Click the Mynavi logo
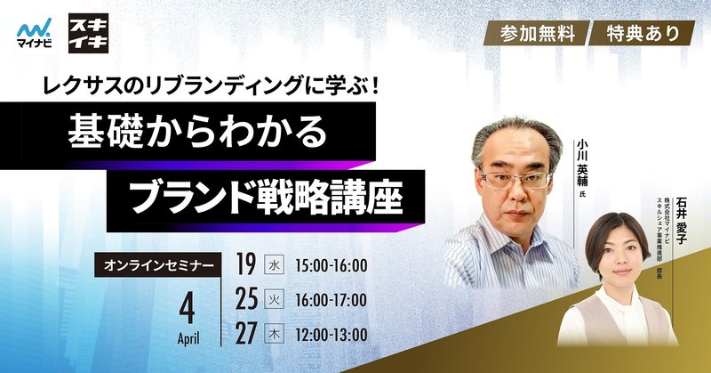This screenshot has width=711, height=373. (x=34, y=33)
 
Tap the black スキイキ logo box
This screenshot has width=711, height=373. (x=88, y=33)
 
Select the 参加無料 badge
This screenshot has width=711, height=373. (x=538, y=33)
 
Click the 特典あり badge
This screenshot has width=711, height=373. (x=643, y=33)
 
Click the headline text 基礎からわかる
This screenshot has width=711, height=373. (x=197, y=131)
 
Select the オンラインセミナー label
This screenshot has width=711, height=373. (x=158, y=265)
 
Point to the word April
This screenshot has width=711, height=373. (x=188, y=338)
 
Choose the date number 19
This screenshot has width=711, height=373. (x=246, y=264)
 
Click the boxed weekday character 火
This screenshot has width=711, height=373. (x=275, y=300)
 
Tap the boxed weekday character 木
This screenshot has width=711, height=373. (x=275, y=335)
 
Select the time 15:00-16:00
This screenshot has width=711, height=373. (x=331, y=266)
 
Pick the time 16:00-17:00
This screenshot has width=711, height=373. (x=331, y=300)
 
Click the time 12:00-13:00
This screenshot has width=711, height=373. (x=331, y=335)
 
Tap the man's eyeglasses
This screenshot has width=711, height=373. (x=516, y=179)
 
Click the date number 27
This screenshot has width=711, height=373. (x=247, y=334)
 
